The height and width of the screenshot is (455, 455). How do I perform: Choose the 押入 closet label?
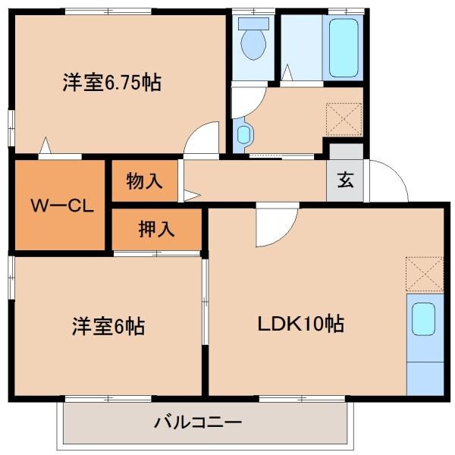(156, 229)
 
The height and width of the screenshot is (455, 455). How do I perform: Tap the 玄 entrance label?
(345, 181)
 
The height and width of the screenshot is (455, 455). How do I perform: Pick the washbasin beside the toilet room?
(243, 134)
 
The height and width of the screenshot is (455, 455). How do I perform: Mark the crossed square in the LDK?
(425, 273)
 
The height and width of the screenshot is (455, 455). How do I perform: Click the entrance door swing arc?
(387, 182)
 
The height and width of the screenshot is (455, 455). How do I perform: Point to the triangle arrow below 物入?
(189, 196)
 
